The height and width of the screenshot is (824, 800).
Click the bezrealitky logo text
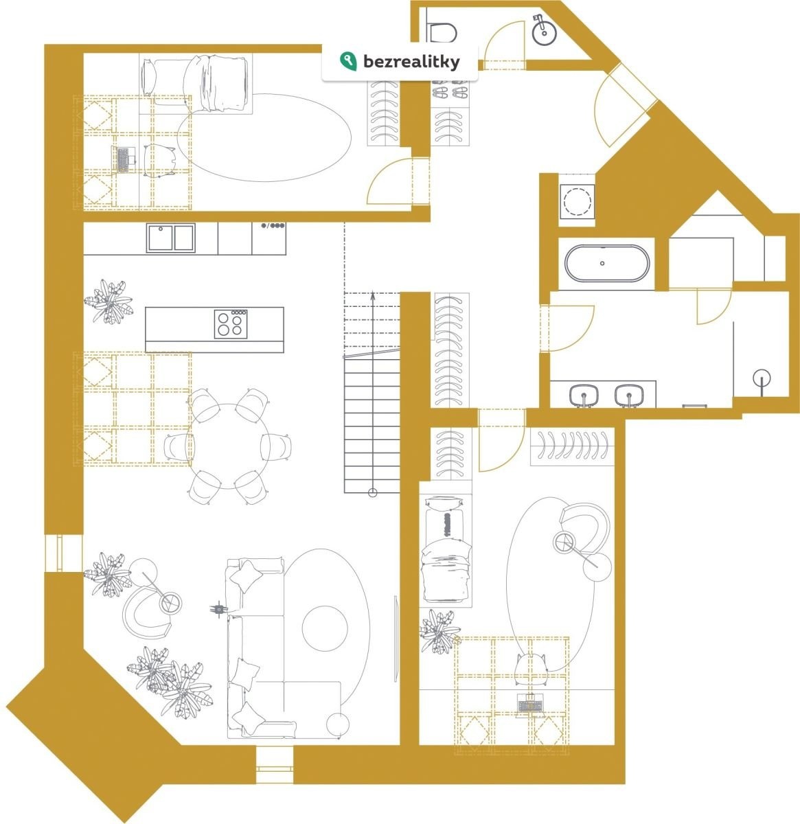pyautogui.click(x=411, y=62)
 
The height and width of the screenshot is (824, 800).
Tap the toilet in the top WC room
pyautogui.click(x=442, y=32)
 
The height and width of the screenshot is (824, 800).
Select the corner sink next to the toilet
pyautogui.click(x=545, y=30)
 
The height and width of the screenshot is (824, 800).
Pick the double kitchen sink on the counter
pyautogui.click(x=170, y=238)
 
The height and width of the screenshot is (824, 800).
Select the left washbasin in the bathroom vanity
pyautogui.click(x=584, y=395)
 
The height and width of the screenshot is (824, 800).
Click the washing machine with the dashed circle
pyautogui.click(x=576, y=201)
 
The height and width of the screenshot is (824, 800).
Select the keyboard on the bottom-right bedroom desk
pyautogui.click(x=530, y=703)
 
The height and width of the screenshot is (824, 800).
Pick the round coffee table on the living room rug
pyautogui.click(x=325, y=628)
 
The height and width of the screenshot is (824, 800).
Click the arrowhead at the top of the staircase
pyautogui.click(x=372, y=295)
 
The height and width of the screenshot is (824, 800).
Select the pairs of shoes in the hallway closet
pyautogui.click(x=450, y=91)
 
